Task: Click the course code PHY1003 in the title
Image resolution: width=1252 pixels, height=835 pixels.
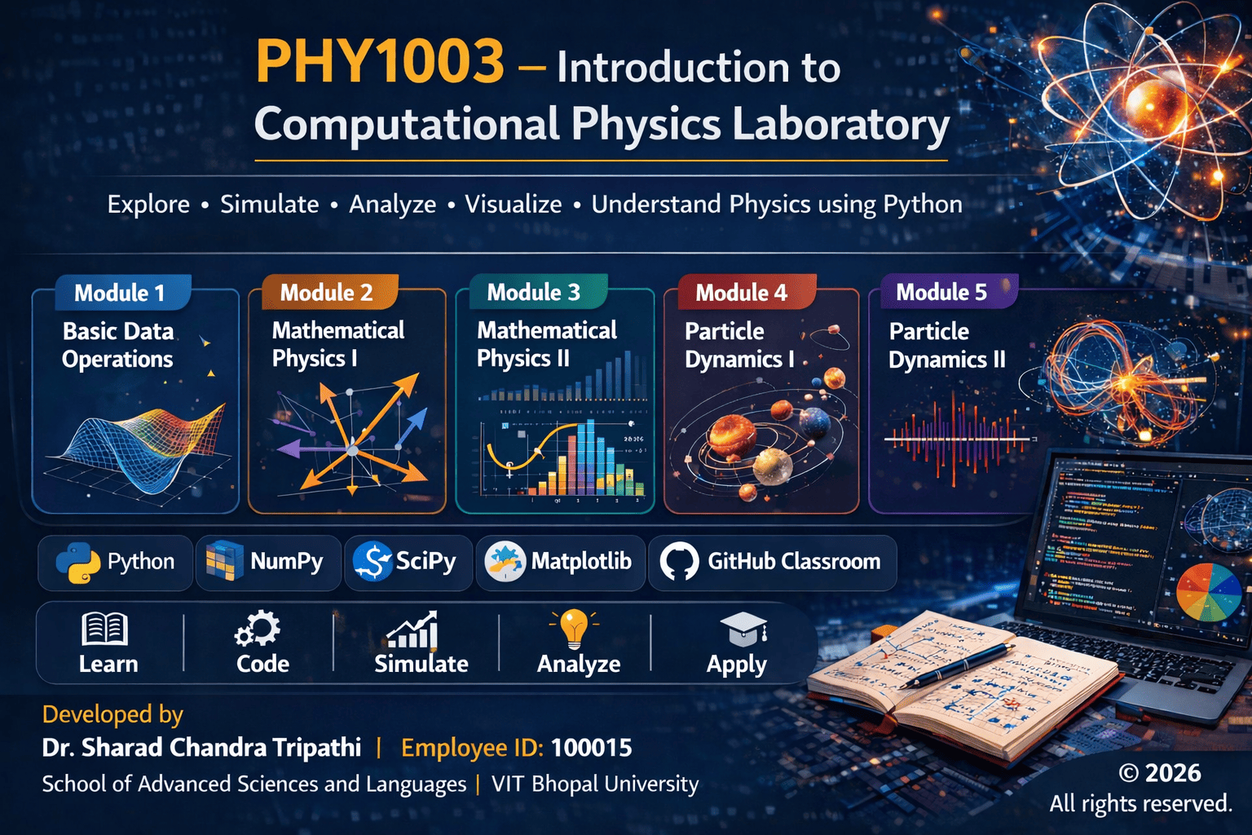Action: pyautogui.click(x=380, y=62)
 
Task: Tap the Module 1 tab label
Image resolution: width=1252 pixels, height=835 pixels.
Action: pyautogui.click(x=120, y=293)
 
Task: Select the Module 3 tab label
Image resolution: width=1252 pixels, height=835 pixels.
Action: pyautogui.click(x=534, y=292)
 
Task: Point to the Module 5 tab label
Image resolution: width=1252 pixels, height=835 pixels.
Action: pyautogui.click(x=941, y=292)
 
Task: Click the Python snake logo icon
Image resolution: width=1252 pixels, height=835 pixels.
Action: pyautogui.click(x=78, y=562)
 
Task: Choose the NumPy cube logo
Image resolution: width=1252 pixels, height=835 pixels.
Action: pyautogui.click(x=224, y=562)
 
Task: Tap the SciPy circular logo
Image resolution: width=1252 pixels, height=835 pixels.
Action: pyautogui.click(x=373, y=562)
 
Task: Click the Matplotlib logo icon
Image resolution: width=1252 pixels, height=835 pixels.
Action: pyautogui.click(x=505, y=562)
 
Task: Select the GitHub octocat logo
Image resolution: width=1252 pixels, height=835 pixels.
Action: pyautogui.click(x=679, y=562)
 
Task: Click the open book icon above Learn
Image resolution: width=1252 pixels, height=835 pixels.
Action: pyautogui.click(x=105, y=629)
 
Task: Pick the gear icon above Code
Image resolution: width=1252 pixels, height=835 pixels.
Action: pyautogui.click(x=258, y=629)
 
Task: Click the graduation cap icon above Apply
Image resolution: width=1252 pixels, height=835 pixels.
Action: pyautogui.click(x=743, y=629)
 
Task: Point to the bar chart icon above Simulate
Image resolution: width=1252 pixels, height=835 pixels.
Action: pyautogui.click(x=413, y=630)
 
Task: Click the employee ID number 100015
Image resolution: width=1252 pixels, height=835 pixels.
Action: pyautogui.click(x=591, y=748)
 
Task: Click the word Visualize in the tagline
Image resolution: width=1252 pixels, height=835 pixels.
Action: pyautogui.click(x=514, y=204)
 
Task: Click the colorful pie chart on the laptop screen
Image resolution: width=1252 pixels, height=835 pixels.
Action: pyautogui.click(x=1209, y=592)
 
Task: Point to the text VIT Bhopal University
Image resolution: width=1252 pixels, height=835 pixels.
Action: pyautogui.click(x=595, y=784)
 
